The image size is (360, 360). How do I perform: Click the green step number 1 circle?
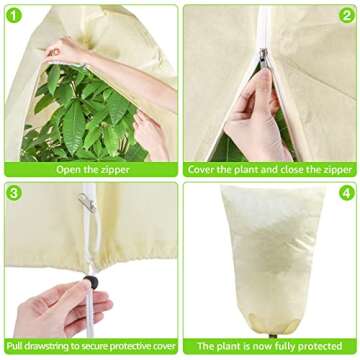pyautogui.click(x=14, y=15)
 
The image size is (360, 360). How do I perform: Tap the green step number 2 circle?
pyautogui.click(x=347, y=15)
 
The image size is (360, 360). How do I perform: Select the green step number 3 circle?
pyautogui.click(x=14, y=193)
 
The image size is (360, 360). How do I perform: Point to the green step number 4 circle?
pyautogui.click(x=347, y=193)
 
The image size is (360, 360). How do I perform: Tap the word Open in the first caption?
pyautogui.click(x=68, y=170)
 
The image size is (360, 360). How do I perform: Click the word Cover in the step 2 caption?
pyautogui.click(x=201, y=170)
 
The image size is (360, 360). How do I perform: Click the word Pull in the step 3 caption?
pyautogui.click(x=15, y=346)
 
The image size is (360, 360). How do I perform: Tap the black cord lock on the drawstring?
pyautogui.click(x=91, y=282)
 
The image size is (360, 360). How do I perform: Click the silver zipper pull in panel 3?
pyautogui.click(x=87, y=203)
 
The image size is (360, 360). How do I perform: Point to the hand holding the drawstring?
pyautogui.click(x=62, y=309)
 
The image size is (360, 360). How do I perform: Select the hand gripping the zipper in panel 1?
pyautogui.click(x=62, y=50)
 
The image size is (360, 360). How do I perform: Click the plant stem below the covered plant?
pyautogui.click(x=274, y=336)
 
